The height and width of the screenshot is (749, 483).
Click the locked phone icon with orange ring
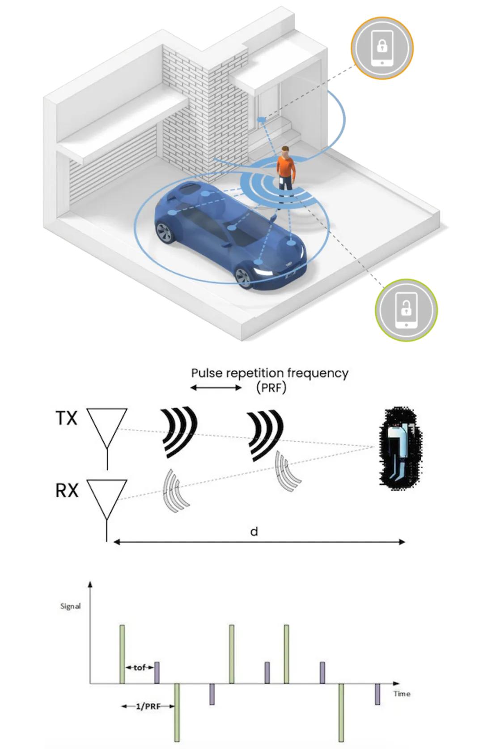point(382,47)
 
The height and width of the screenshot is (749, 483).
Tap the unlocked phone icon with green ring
point(406,310)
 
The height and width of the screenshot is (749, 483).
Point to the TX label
point(67,419)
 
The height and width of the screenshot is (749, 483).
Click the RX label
point(67,490)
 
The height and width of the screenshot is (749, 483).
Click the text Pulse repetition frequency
point(270,373)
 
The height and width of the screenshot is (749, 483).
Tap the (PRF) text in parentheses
point(271,387)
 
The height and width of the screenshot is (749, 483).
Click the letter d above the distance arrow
point(254,531)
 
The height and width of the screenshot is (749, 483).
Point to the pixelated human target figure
point(399,448)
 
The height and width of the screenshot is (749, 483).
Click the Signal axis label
point(71,606)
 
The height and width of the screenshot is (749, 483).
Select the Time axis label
point(402,693)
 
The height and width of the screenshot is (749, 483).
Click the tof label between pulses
point(140,668)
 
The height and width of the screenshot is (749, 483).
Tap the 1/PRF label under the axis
point(148,706)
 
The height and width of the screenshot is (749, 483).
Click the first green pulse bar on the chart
point(122,654)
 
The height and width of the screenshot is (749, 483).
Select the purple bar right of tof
point(157,672)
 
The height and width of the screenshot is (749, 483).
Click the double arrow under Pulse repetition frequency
point(216,388)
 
